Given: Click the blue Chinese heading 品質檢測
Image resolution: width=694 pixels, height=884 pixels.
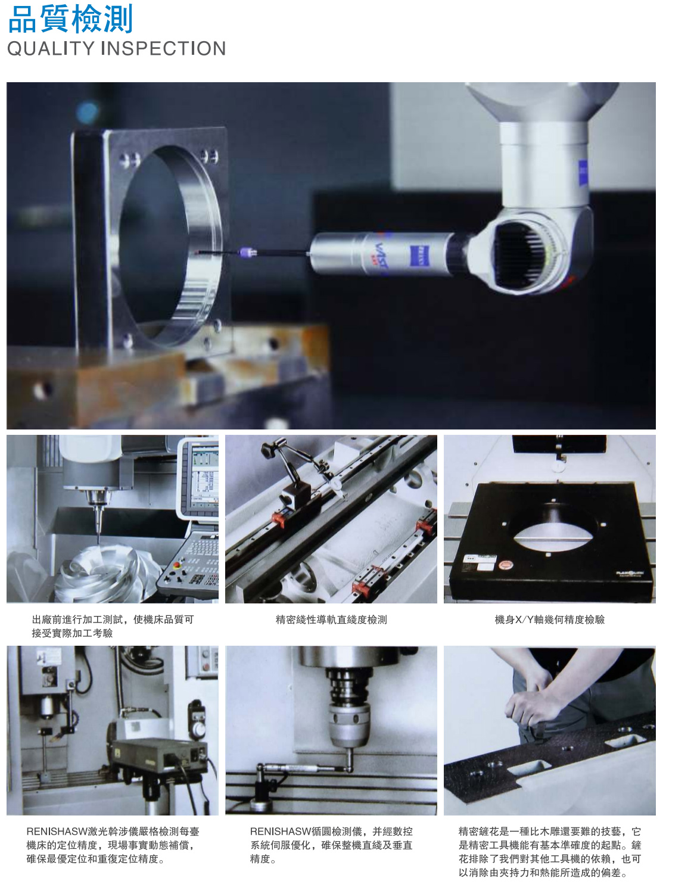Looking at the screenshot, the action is point(70,18).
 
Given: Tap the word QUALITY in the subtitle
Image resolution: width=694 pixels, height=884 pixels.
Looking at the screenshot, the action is point(51,48).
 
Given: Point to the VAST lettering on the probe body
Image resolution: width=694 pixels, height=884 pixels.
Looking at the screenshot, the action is point(382,255).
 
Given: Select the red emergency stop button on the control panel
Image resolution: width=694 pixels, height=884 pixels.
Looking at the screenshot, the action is point(177,565).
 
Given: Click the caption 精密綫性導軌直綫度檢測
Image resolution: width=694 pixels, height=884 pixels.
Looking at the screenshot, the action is point(331,620).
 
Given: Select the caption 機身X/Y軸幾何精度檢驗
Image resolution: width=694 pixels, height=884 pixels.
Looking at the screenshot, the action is point(550,620).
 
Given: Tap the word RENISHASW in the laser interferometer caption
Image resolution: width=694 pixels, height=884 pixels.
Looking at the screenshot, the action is point(57,832).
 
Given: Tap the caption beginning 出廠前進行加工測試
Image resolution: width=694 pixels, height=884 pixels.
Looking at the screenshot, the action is point(113,626).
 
